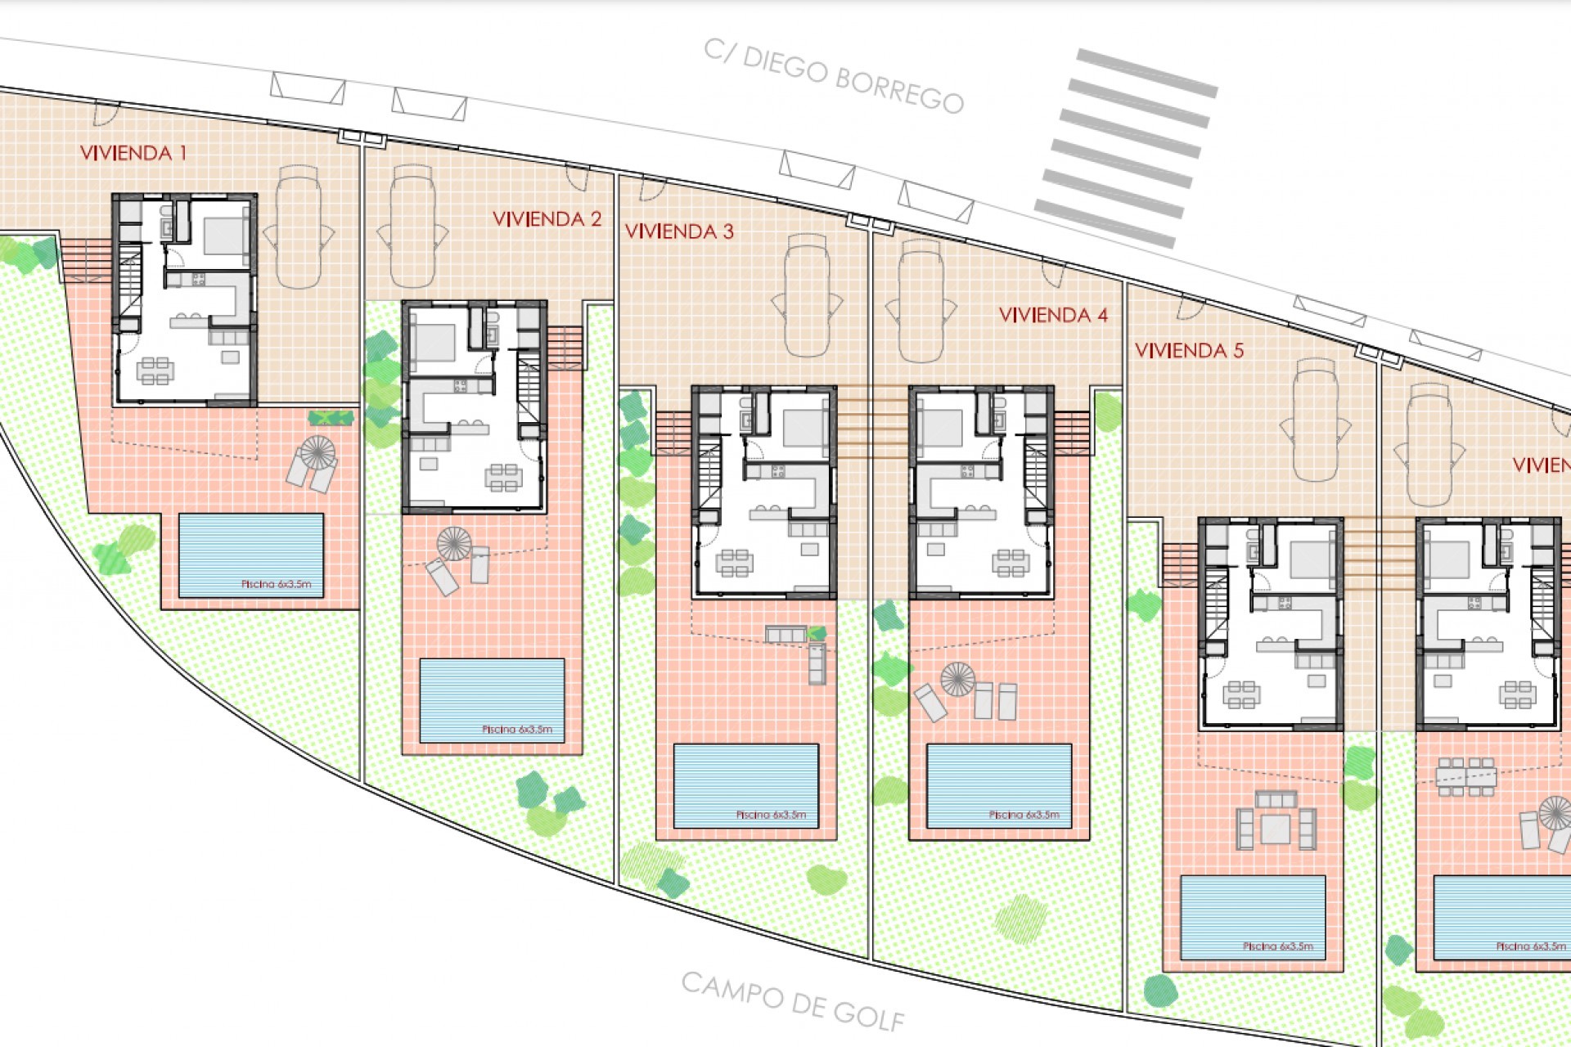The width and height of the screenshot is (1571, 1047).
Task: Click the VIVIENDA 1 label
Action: [x=133, y=153]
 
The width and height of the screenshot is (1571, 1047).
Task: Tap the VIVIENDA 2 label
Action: [x=547, y=219]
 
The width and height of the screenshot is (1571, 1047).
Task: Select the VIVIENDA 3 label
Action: [x=679, y=231]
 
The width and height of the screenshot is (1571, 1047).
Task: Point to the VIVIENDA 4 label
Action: [x=1053, y=315]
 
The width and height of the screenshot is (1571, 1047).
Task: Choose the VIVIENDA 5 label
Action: [x=1189, y=351]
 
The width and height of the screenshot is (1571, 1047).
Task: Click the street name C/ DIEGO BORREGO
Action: [x=833, y=75]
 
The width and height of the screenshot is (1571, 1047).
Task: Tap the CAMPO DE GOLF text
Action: [x=793, y=1000]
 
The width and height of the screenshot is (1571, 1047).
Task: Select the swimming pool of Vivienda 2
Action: [x=492, y=700]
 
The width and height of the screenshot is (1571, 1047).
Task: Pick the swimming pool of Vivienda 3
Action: [x=745, y=785]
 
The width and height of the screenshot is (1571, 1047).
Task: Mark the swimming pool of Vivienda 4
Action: [x=999, y=785]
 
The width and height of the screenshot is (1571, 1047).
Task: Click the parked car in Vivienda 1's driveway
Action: [x=299, y=227]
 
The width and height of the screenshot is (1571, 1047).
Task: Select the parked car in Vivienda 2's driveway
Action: [x=412, y=227]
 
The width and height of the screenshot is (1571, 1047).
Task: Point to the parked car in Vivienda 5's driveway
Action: [x=1315, y=420]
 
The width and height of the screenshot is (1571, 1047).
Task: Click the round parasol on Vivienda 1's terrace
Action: [x=317, y=452]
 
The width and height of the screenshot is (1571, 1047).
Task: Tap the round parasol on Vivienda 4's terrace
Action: [x=957, y=679]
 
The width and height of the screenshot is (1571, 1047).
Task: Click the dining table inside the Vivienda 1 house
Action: [x=155, y=371]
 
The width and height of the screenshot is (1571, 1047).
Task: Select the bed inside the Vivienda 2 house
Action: [x=434, y=341]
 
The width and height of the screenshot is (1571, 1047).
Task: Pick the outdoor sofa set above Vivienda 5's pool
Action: [x=1276, y=820]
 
